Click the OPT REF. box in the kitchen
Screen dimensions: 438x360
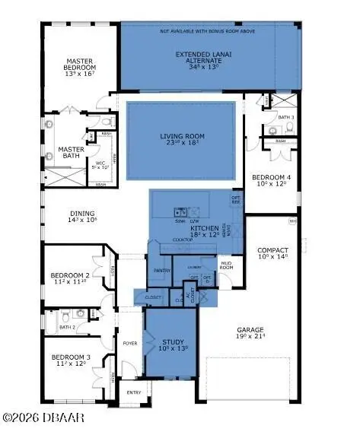[236, 201]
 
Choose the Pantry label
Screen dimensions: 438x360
[161, 269]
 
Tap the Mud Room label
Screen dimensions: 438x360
[226, 265]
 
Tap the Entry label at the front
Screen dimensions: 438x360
[135, 392]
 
